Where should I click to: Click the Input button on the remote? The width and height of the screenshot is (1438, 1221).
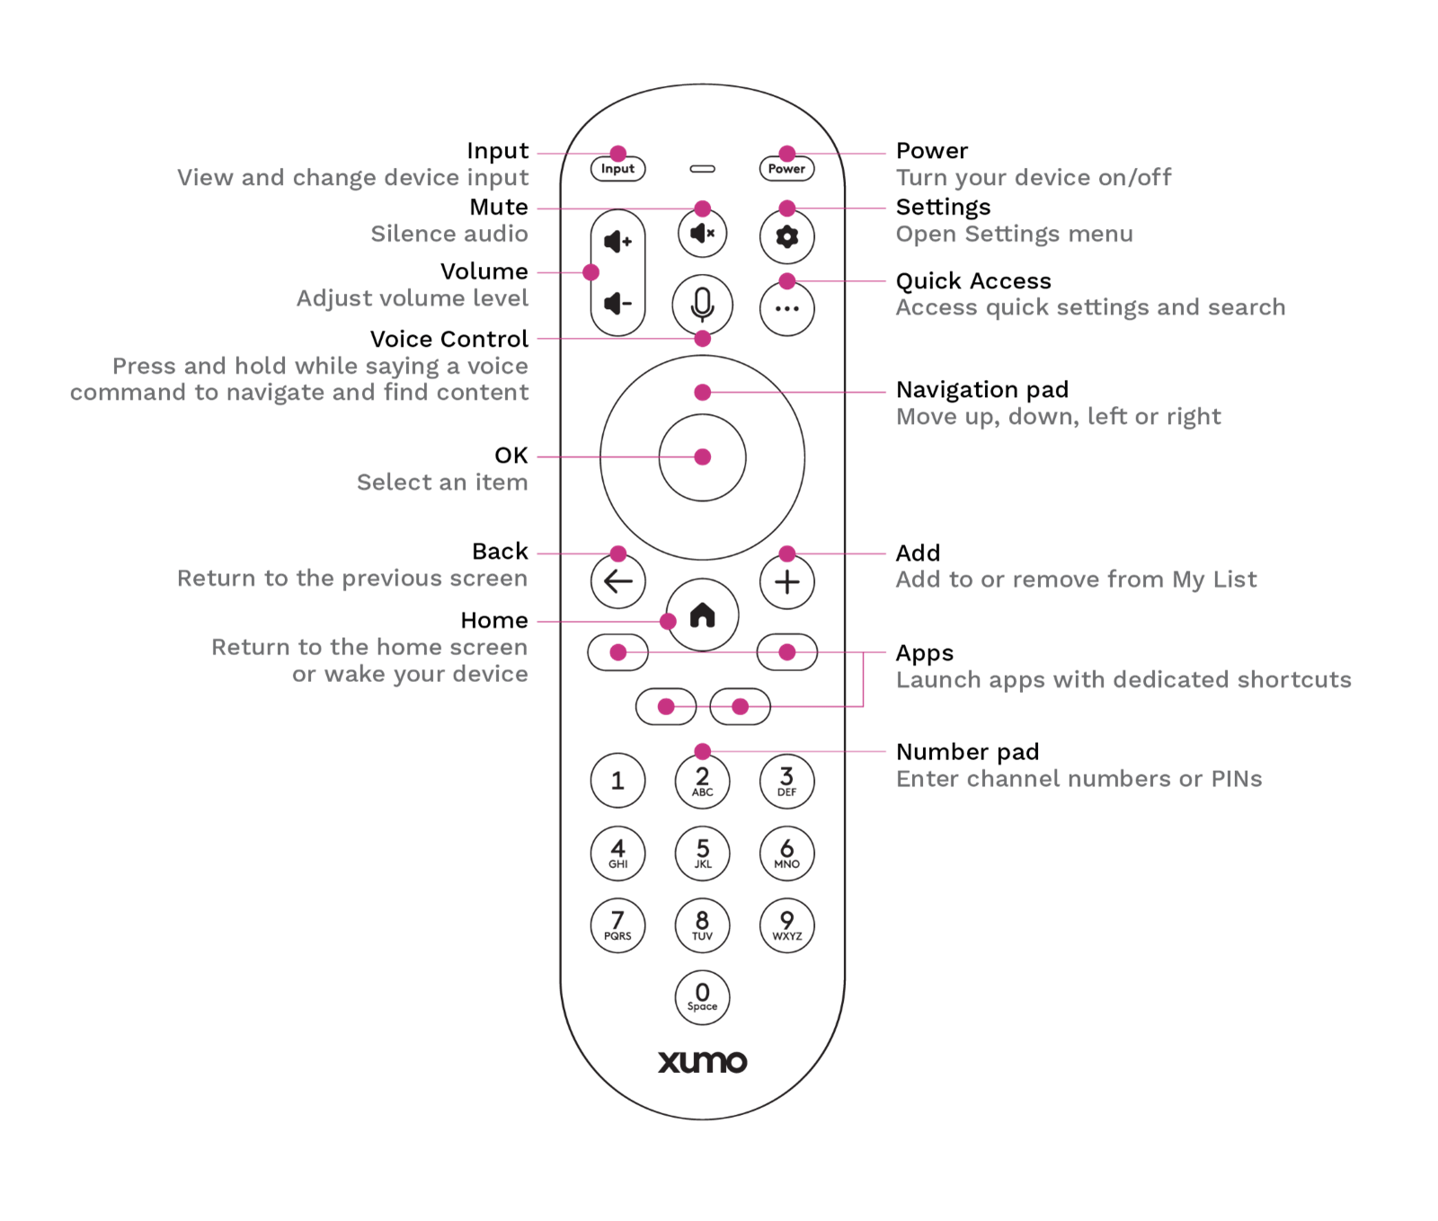[617, 169]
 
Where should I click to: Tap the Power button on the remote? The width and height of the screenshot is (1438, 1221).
[786, 169]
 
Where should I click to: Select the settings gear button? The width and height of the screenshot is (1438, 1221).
[787, 237]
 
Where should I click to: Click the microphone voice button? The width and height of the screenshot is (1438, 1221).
[702, 305]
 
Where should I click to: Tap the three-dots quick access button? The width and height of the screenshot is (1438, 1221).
[787, 309]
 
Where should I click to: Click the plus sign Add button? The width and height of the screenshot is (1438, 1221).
[787, 582]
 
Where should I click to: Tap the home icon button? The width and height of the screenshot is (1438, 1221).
[702, 616]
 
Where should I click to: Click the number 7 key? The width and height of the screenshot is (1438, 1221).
[617, 925]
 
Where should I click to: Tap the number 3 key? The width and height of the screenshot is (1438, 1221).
[787, 780]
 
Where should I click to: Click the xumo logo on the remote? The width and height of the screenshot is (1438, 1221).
[702, 1062]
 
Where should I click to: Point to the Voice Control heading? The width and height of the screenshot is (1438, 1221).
[448, 340]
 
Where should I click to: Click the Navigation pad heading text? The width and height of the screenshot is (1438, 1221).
[982, 390]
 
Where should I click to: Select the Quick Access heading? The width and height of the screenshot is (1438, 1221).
[973, 281]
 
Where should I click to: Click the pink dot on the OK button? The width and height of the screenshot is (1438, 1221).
[703, 457]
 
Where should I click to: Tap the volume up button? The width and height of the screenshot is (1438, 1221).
[617, 242]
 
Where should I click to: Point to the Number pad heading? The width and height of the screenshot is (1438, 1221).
[967, 752]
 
